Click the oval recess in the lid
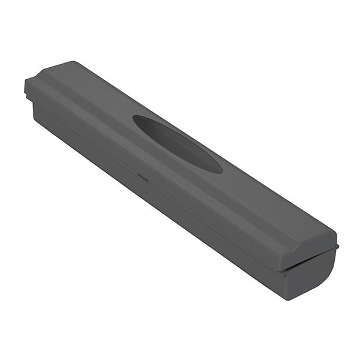pyautogui.click(x=177, y=143)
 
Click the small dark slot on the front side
pyautogui.click(x=143, y=176)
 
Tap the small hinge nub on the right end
pyautogui.click(x=337, y=245)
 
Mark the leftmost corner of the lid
pyautogui.click(x=25, y=80)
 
